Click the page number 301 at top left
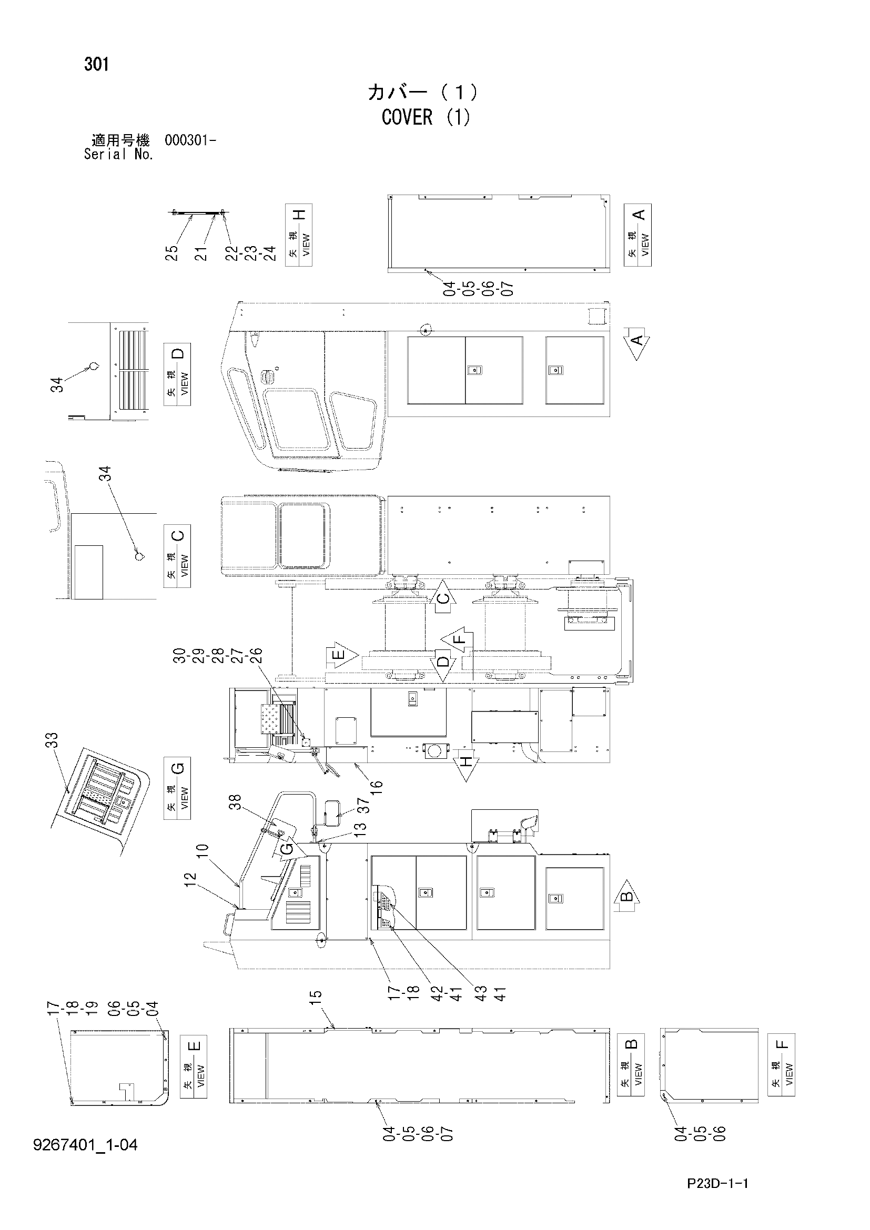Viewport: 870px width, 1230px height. (x=96, y=65)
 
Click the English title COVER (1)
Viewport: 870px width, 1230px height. (x=426, y=117)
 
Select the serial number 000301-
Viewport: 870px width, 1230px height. (x=190, y=141)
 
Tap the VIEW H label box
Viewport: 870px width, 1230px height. (x=299, y=235)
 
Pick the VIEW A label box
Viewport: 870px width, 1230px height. (x=638, y=235)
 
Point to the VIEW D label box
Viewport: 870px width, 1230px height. (x=177, y=374)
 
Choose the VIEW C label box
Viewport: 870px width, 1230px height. (x=177, y=556)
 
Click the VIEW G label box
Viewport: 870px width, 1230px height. (x=177, y=788)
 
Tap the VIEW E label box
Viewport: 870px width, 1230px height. (x=194, y=1066)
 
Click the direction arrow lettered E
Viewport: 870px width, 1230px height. (x=342, y=655)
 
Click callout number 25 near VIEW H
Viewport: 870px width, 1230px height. (x=171, y=253)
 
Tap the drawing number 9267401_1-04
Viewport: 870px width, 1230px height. (x=86, y=1145)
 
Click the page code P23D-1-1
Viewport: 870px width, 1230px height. (x=717, y=1183)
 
